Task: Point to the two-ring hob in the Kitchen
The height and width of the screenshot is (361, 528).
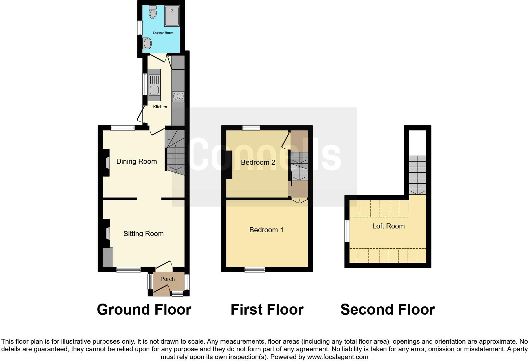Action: [x=178, y=96]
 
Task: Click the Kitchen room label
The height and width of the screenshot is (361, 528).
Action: [x=160, y=107]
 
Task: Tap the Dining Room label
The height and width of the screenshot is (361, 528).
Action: [x=136, y=161]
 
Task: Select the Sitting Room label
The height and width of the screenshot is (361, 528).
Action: [x=143, y=234]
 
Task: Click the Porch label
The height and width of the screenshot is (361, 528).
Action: [x=167, y=279]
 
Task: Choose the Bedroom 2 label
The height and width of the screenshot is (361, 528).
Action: [x=258, y=162]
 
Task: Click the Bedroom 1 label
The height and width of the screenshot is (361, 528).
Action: [x=266, y=230]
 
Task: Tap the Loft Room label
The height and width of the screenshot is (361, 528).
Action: [x=388, y=226]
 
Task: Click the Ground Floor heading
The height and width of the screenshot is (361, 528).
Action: [x=144, y=310]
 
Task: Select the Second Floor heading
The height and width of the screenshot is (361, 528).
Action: [x=387, y=310]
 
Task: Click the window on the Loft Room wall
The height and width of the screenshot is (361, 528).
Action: [x=347, y=231]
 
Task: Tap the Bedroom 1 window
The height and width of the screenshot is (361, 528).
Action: [x=255, y=269]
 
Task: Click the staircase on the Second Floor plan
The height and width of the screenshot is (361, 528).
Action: [x=418, y=175]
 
